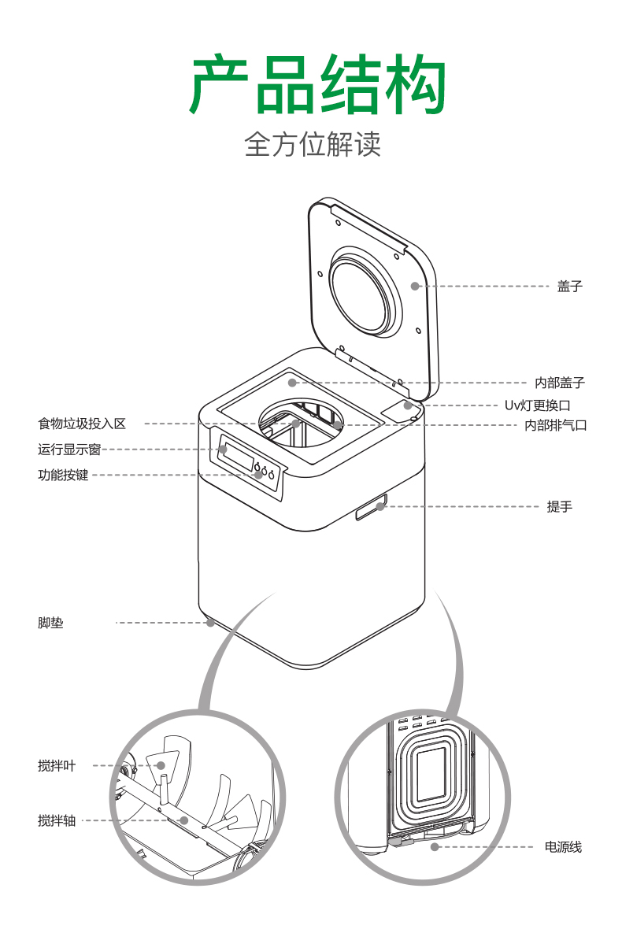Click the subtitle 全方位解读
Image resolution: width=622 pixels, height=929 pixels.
(313, 145)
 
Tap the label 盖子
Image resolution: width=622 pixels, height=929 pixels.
(570, 286)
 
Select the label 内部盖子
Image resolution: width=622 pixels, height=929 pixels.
(560, 383)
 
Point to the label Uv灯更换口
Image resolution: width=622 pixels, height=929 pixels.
(537, 405)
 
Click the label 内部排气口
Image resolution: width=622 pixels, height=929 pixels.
(556, 425)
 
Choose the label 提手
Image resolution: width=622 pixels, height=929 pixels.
(559, 506)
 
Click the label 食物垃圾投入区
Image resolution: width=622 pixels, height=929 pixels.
(82, 424)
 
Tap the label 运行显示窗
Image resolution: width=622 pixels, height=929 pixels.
(69, 450)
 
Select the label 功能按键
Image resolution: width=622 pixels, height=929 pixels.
(63, 476)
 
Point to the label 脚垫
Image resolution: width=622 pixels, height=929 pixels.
(50, 623)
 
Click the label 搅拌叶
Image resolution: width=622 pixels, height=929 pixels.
(57, 765)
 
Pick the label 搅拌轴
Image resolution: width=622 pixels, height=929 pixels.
(57, 820)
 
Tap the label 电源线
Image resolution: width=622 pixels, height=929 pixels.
(563, 847)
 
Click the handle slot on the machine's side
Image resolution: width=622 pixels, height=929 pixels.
(372, 507)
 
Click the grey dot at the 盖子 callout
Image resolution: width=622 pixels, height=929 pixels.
(415, 286)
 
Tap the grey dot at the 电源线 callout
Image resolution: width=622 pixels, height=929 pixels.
(435, 847)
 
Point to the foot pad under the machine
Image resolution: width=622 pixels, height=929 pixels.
(210, 623)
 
